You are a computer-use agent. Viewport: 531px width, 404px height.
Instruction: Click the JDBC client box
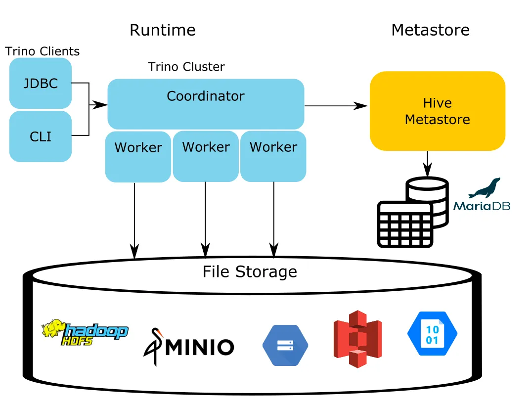[x=41, y=83]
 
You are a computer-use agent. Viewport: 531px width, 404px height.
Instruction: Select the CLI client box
[x=41, y=136]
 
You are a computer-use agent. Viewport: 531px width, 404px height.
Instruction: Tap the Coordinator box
[x=206, y=104]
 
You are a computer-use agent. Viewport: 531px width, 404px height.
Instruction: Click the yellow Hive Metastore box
[x=438, y=111]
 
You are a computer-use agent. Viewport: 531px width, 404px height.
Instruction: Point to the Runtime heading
[x=163, y=30]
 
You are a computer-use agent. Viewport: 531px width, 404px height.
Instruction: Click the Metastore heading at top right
[x=431, y=30]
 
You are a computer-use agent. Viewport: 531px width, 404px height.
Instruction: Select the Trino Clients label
[x=43, y=51]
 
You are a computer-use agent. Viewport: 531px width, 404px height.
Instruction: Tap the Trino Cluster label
[x=186, y=67]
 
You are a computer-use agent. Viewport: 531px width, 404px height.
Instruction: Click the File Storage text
[x=250, y=271]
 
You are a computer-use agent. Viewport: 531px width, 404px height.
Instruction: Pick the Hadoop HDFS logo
[x=85, y=332]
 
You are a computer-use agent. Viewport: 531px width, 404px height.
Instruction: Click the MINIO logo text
[x=200, y=347]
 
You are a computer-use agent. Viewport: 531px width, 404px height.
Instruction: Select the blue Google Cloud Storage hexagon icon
[x=285, y=346]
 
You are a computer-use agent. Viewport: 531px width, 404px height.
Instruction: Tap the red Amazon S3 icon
[x=357, y=339]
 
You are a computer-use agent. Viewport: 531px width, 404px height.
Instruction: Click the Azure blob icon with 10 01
[x=433, y=334]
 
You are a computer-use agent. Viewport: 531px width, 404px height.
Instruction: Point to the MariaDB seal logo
[x=485, y=188]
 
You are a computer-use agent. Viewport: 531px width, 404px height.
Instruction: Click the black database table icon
[x=413, y=212]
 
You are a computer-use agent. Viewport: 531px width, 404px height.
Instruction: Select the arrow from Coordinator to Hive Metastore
[x=336, y=106]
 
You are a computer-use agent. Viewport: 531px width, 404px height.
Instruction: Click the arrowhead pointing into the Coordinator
[x=100, y=105]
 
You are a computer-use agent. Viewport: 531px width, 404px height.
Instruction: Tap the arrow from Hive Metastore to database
[x=427, y=164]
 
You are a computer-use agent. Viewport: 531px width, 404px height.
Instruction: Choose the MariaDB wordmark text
[x=482, y=206]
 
